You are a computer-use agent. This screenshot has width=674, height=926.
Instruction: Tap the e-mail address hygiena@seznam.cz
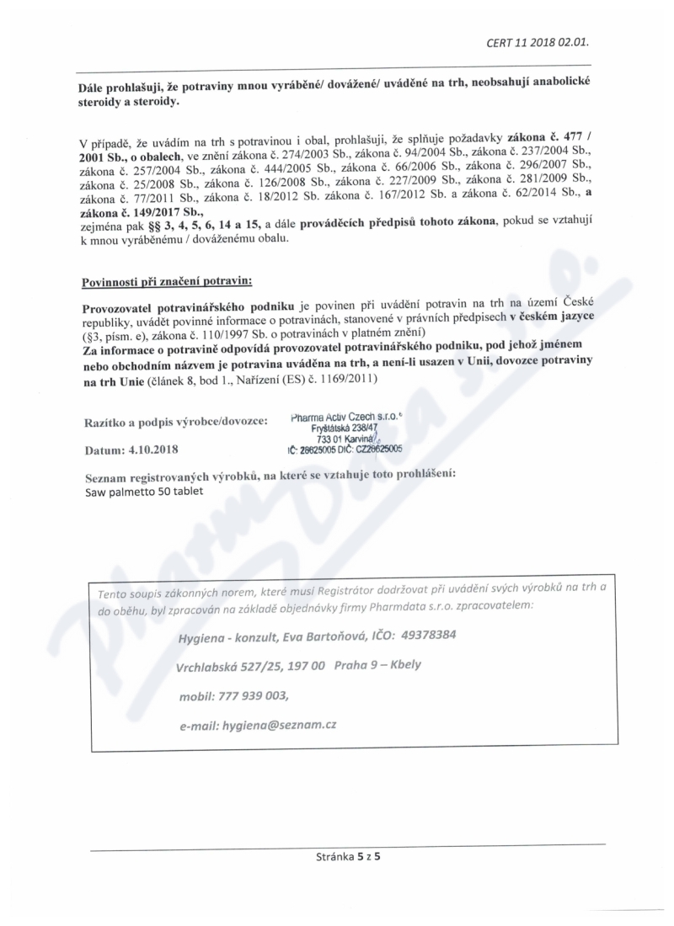[x=279, y=724]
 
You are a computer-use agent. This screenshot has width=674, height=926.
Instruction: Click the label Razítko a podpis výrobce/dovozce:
[x=175, y=420]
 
